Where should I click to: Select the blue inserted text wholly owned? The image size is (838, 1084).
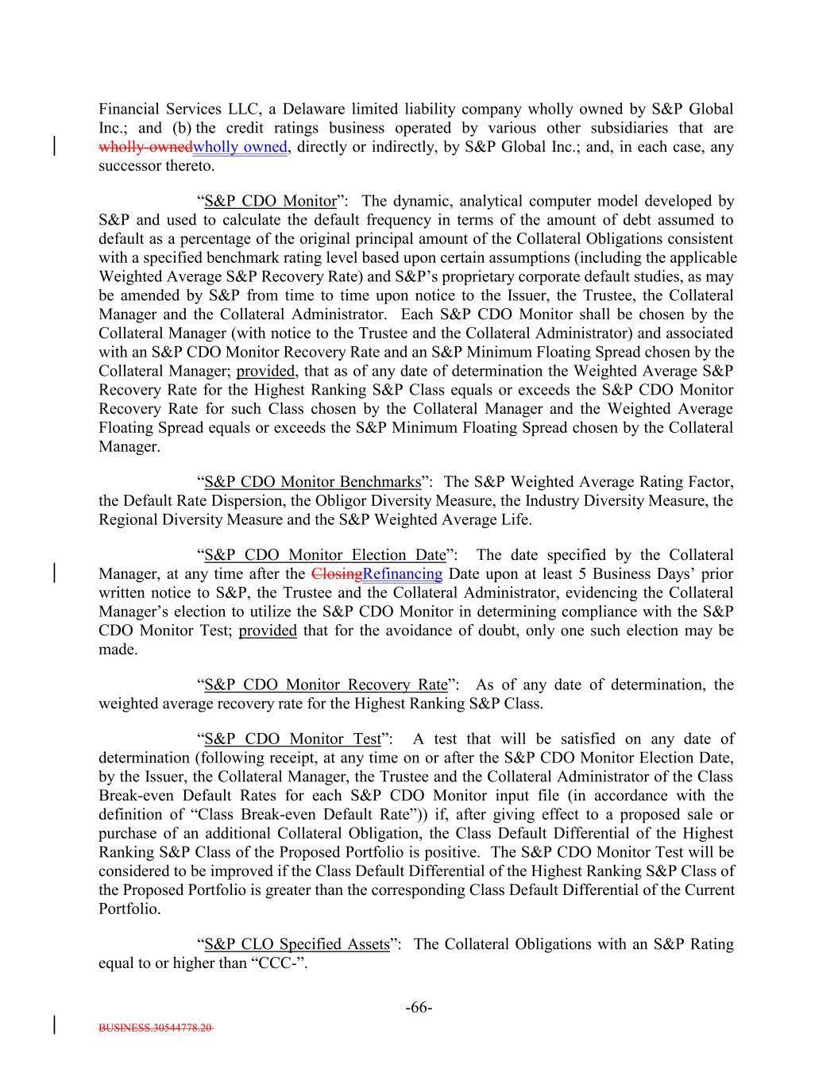click(240, 147)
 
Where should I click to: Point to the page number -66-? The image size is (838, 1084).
click(419, 1008)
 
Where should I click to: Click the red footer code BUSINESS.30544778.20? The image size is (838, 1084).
click(156, 1027)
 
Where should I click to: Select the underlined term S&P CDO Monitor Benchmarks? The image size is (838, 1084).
click(312, 482)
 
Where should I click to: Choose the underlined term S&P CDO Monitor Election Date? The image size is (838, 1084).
click(325, 555)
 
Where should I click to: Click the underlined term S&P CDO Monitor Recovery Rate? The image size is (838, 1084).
click(326, 685)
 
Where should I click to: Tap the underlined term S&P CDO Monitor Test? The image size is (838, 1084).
click(293, 739)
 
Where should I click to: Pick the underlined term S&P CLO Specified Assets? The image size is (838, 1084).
click(297, 944)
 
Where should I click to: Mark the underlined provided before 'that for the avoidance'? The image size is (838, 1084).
click(268, 631)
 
